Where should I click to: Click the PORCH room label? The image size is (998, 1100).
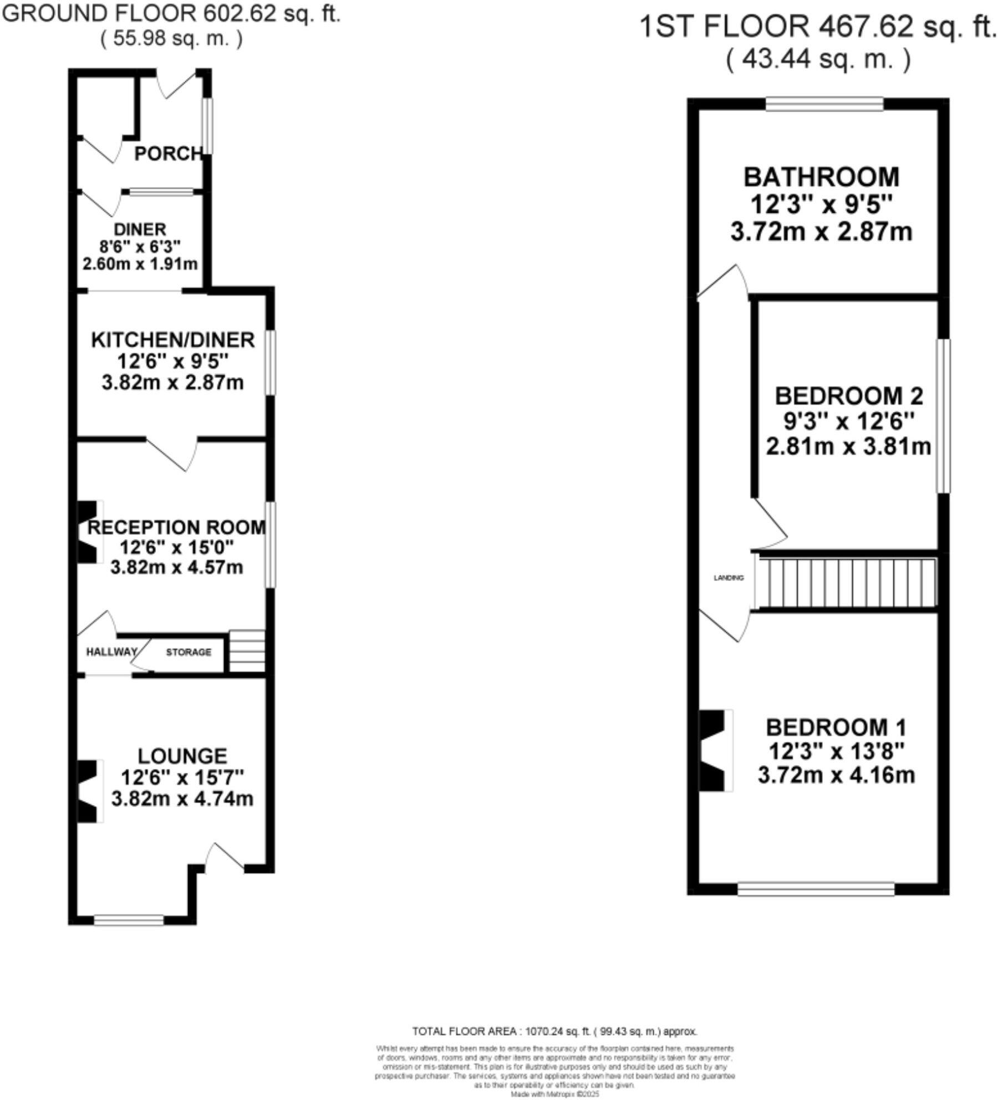pos(169,154)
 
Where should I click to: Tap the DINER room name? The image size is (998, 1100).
pos(140,229)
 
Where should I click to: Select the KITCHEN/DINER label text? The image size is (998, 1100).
pos(172,339)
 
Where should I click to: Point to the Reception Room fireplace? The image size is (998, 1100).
pos(89,532)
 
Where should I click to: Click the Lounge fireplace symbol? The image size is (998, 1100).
pos(89,791)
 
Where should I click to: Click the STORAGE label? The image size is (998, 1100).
pos(189,652)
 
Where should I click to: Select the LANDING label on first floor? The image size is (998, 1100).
pos(728,578)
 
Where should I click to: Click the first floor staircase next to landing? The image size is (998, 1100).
pos(845,582)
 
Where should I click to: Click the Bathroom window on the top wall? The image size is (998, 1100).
pos(824,104)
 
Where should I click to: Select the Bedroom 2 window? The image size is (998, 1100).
pos(943,416)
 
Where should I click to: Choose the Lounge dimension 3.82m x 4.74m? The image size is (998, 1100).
pos(182,799)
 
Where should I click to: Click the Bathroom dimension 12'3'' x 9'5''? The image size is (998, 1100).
pos(821,205)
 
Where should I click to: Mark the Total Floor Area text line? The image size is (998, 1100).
pos(554,1031)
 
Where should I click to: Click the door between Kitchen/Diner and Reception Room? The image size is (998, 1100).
pos(172,450)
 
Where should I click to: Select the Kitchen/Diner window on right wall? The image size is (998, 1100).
pos(270,363)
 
